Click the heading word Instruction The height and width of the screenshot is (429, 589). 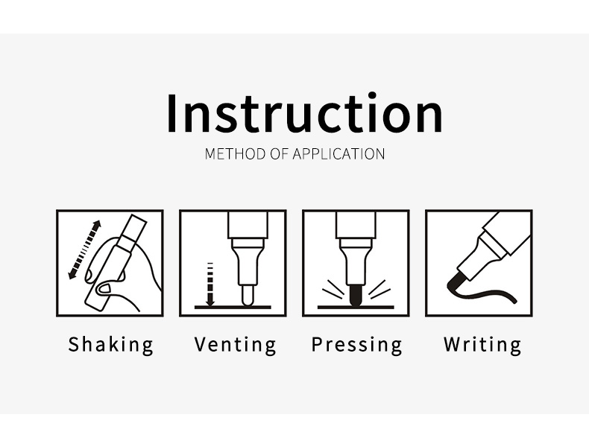[x=304, y=112]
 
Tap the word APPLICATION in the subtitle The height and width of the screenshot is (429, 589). [x=338, y=154]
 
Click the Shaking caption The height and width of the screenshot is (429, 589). [x=111, y=345]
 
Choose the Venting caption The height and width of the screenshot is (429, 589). [x=235, y=345]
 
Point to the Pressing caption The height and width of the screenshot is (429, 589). [x=357, y=345]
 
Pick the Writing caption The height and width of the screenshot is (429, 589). [x=482, y=345]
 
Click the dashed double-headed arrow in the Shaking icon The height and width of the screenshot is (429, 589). [x=85, y=250]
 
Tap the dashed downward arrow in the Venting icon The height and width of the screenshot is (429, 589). [x=210, y=285]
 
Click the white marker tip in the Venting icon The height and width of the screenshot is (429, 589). [x=248, y=296]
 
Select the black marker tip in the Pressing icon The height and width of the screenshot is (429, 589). [x=356, y=295]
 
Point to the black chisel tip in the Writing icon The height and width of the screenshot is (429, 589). [x=456, y=281]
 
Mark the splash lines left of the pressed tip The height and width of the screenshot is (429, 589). [x=332, y=289]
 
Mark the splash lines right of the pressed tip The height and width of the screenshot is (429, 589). [x=379, y=289]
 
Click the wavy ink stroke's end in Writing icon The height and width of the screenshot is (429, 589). [x=514, y=301]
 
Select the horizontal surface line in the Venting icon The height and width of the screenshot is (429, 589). [x=233, y=307]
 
